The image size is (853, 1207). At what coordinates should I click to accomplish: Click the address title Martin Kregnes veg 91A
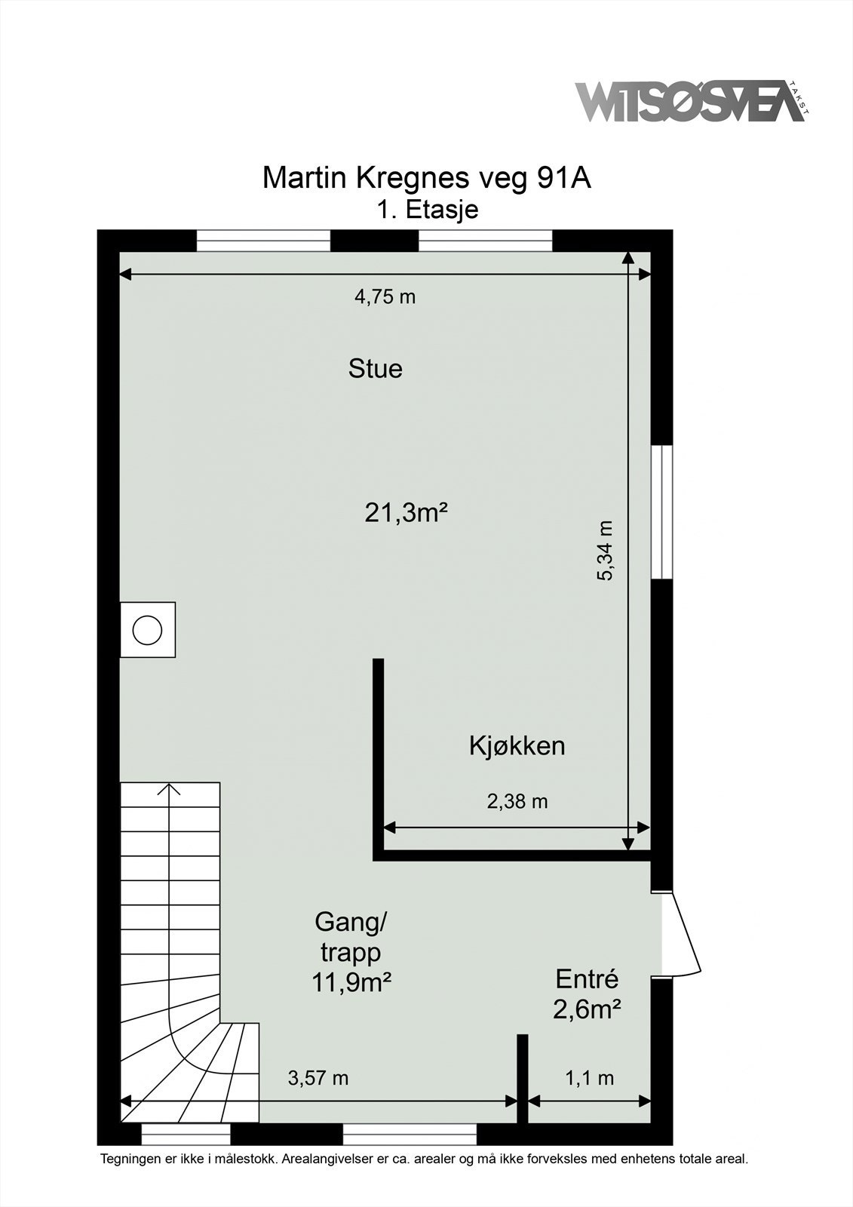tap(426, 178)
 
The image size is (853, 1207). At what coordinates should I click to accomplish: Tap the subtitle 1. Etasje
tap(428, 209)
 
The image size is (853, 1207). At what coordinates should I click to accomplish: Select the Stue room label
tap(375, 369)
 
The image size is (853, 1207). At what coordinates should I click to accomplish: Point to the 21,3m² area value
tap(407, 514)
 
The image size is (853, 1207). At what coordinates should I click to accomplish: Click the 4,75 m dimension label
tap(385, 297)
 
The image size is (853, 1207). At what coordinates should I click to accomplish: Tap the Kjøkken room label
tap(517, 746)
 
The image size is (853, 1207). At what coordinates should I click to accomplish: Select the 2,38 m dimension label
tap(517, 801)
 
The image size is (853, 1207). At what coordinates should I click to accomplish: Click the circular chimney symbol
tap(147, 630)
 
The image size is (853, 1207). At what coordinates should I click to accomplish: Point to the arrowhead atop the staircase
tap(171, 790)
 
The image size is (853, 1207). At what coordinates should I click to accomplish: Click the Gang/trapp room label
tap(351, 937)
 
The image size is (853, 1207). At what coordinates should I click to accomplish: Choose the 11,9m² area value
tap(351, 982)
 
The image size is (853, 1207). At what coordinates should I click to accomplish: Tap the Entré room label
tap(587, 979)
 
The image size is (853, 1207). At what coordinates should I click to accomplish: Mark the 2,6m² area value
tap(587, 1009)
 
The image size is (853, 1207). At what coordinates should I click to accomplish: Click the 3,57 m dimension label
tap(318, 1078)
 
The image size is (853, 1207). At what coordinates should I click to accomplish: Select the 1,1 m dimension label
tap(589, 1078)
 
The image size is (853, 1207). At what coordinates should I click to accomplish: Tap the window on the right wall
tap(661, 512)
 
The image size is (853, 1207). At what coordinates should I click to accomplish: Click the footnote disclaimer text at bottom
tap(424, 1159)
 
